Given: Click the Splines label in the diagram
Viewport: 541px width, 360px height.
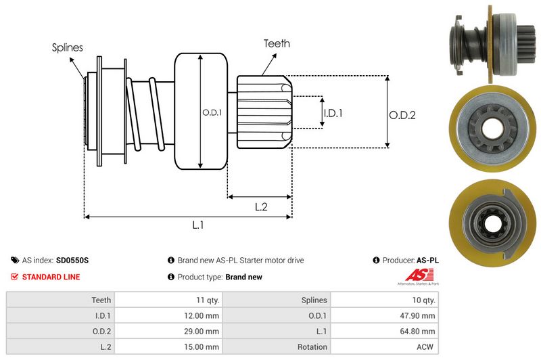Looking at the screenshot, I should click(x=68, y=47).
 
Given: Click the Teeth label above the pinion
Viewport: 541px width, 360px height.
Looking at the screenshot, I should click(x=277, y=43).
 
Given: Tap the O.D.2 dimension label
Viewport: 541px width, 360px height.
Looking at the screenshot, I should click(x=402, y=115).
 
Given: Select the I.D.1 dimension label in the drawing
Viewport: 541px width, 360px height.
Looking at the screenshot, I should click(x=333, y=113).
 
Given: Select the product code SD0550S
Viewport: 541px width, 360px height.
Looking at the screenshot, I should click(x=72, y=260).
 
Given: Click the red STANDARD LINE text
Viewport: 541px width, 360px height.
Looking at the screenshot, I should click(x=51, y=277).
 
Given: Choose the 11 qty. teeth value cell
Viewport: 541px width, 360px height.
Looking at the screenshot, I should click(x=168, y=300).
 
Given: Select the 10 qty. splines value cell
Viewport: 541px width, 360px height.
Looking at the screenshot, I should click(x=385, y=300).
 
